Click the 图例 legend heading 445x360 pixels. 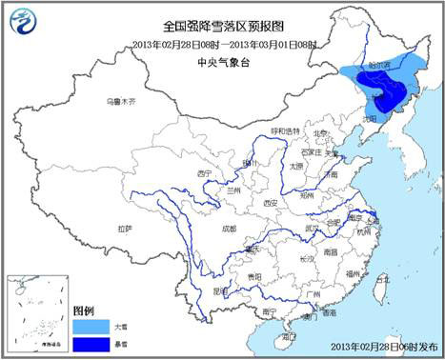point(83,311)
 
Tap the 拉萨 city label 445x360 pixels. point(125,229)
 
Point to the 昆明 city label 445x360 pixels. point(221,291)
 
